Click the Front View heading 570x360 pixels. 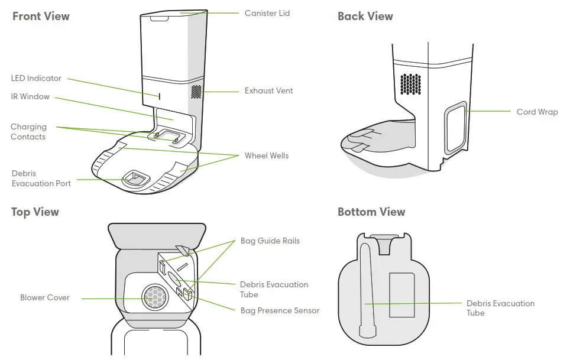point(40,16)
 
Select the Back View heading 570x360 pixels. point(365,16)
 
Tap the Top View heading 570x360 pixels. point(35,212)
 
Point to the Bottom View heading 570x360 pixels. point(371,212)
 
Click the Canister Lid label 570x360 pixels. point(267,13)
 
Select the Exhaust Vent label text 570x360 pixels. point(268,91)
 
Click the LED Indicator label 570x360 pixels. point(36,78)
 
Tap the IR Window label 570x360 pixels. point(30,96)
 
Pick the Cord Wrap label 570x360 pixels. point(537,112)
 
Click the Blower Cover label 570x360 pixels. point(45,297)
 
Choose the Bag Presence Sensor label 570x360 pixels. point(280,310)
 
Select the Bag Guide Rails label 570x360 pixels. point(270,241)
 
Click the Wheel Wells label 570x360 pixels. point(267,155)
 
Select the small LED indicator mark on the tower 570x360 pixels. point(158,95)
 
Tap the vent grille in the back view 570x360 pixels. point(410,83)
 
